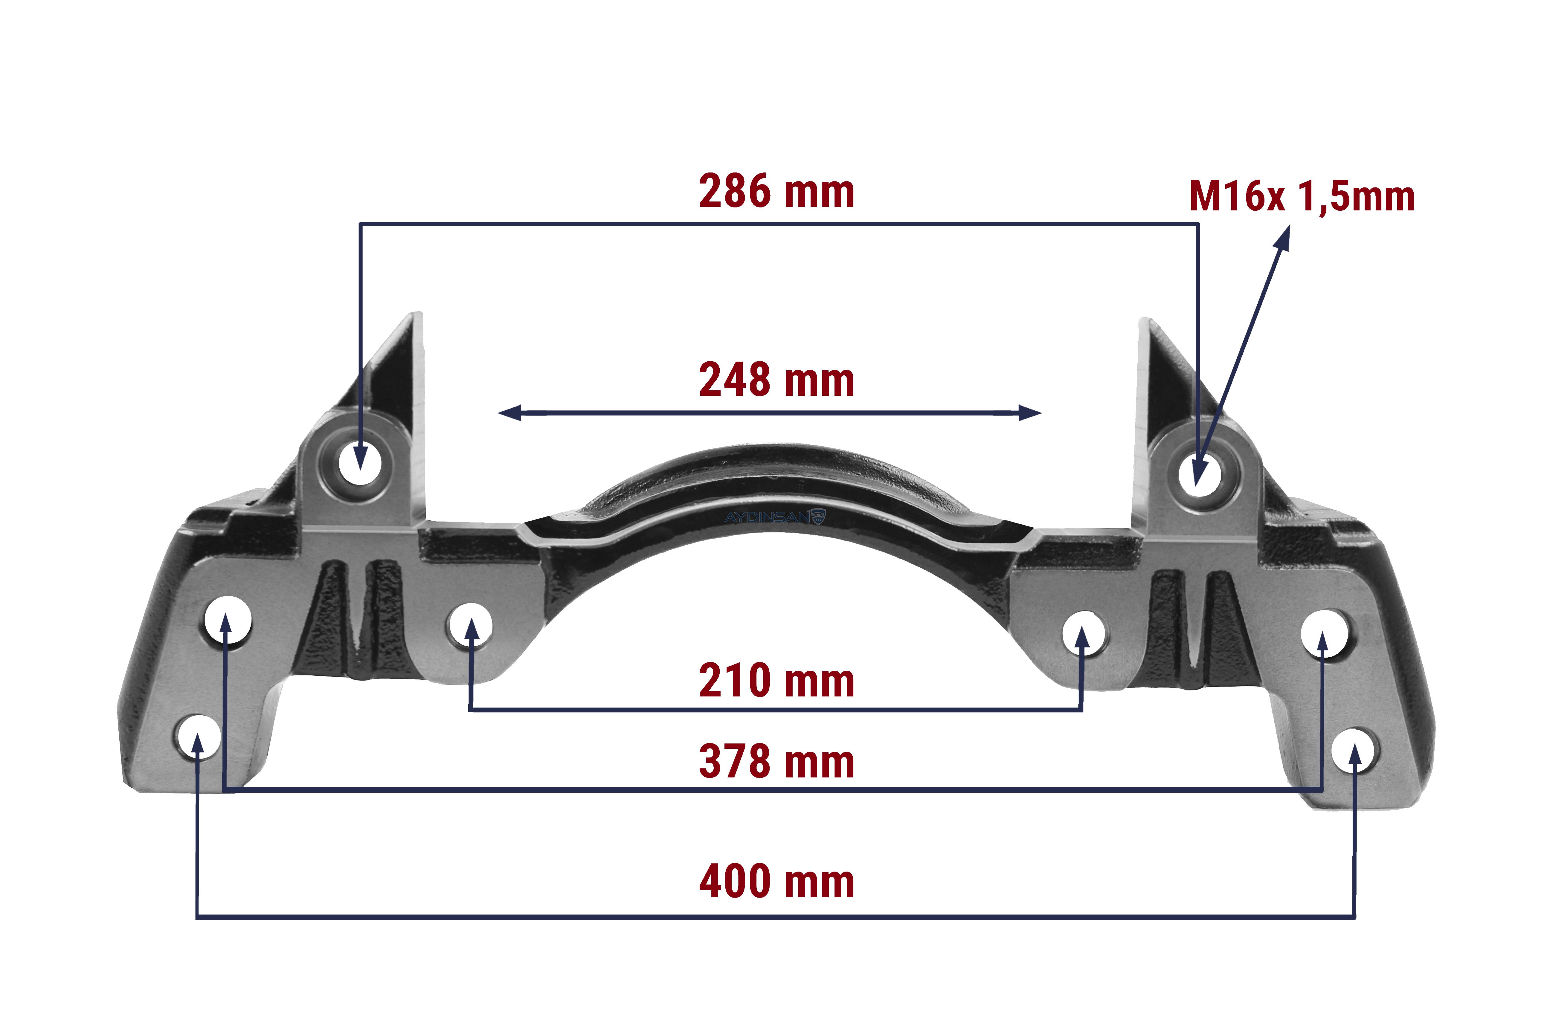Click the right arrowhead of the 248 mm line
point(1030,413)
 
